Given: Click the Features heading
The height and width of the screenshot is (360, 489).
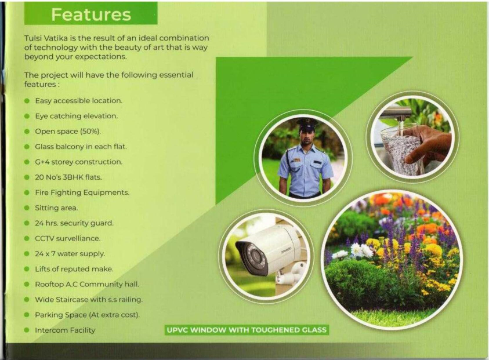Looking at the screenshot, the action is [x=90, y=14].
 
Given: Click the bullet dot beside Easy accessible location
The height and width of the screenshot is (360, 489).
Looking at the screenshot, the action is [x=27, y=101].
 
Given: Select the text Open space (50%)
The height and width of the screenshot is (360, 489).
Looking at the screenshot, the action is [x=68, y=131].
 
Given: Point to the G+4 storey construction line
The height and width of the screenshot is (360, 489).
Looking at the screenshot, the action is [x=78, y=162].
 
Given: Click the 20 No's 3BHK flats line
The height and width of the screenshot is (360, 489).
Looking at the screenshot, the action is [x=68, y=177].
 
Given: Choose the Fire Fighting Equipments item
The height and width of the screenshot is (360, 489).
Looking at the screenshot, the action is [x=82, y=192].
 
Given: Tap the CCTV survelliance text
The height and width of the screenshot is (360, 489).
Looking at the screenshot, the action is [x=68, y=238].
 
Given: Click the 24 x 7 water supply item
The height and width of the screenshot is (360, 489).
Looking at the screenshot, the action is [x=70, y=254].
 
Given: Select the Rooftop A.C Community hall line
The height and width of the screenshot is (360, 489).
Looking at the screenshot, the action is [x=87, y=284].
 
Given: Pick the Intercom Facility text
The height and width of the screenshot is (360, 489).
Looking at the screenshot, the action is [x=65, y=330].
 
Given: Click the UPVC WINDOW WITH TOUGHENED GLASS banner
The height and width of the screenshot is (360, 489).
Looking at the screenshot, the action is [x=247, y=330].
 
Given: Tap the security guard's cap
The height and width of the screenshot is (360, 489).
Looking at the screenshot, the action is [x=307, y=123].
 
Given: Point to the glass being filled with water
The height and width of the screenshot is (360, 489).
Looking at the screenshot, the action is [x=397, y=150].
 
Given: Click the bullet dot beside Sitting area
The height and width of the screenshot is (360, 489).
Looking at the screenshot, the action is [x=27, y=208].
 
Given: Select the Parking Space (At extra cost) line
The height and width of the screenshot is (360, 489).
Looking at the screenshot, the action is [x=88, y=315].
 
